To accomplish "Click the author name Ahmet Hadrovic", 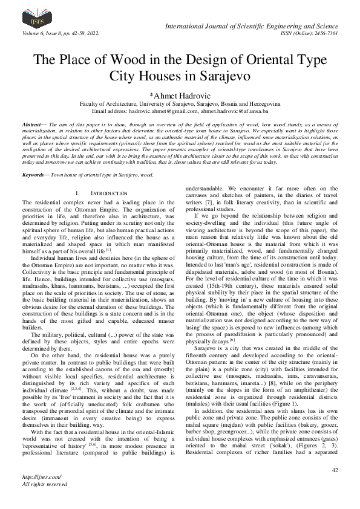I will (182, 94).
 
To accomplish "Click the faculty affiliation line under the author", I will (180, 103).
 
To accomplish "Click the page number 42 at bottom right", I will (334, 470).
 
